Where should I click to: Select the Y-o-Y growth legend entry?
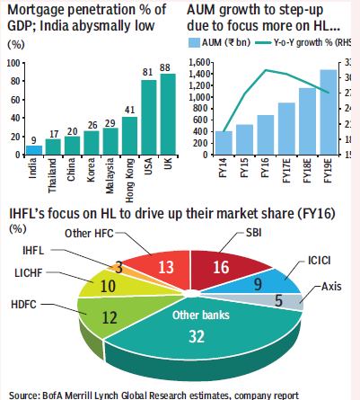point(304,42)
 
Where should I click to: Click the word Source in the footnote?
point(24,392)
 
